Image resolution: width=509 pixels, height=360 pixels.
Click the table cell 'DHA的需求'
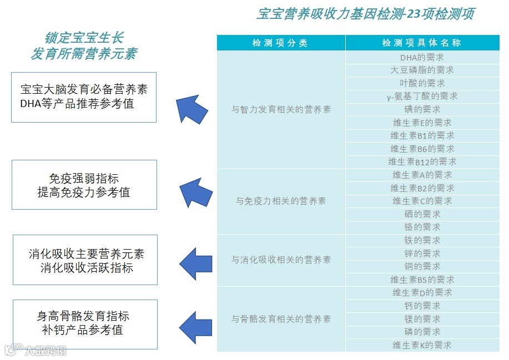pyautogui.click(x=422, y=57)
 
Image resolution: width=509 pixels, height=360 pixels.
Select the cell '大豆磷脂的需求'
pyautogui.click(x=422, y=70)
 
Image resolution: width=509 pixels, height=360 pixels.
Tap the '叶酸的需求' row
pyautogui.click(x=422, y=83)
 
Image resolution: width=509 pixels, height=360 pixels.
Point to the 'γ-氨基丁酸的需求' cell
pyautogui.click(x=422, y=96)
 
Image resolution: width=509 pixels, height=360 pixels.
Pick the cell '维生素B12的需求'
pyautogui.click(x=422, y=161)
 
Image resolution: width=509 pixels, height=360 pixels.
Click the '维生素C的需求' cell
pyautogui.click(x=422, y=201)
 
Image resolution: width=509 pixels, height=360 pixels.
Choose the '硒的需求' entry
pyautogui.click(x=422, y=214)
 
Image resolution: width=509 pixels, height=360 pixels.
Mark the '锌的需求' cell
pyautogui.click(x=422, y=253)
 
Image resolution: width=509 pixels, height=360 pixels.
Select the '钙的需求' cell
pyautogui.click(x=422, y=306)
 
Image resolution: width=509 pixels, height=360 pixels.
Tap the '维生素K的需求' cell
pyautogui.click(x=422, y=345)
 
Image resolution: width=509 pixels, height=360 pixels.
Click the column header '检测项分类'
pyautogui.click(x=280, y=43)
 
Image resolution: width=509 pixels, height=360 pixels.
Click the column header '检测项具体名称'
pyautogui.click(x=422, y=43)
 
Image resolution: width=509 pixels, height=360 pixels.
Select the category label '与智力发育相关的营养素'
pyautogui.click(x=281, y=109)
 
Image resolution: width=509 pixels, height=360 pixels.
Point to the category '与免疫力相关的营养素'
pyautogui.click(x=281, y=201)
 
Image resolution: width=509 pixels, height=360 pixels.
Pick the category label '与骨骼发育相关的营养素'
pyautogui.click(x=281, y=319)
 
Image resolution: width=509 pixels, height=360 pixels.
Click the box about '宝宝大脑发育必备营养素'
pyautogui.click(x=84, y=97)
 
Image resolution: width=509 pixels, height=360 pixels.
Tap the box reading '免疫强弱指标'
pyautogui.click(x=84, y=185)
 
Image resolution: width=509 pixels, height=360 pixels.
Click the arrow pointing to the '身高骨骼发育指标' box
pyautogui.click(x=195, y=327)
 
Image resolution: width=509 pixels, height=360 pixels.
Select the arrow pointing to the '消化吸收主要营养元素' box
pyautogui.click(x=195, y=260)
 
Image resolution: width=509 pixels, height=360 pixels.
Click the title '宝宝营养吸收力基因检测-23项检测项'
pyautogui.click(x=365, y=14)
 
